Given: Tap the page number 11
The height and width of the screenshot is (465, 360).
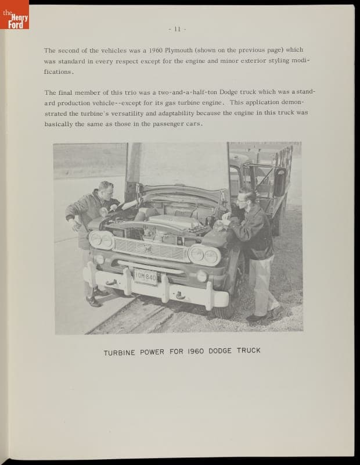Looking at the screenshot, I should (177, 28).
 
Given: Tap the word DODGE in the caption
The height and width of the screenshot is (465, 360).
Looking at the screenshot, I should (219, 351).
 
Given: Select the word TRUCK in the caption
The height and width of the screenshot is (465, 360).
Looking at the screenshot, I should (249, 350).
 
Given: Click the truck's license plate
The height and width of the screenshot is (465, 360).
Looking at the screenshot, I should (145, 277).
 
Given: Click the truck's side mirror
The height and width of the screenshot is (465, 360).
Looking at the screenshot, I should (279, 181).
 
